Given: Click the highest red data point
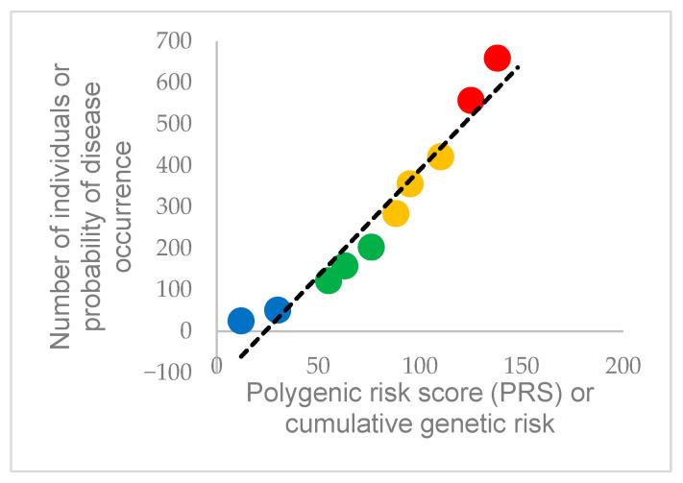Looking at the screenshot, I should coord(497,58).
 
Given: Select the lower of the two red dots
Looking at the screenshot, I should coord(470,101).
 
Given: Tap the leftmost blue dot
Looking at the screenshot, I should coord(241,321).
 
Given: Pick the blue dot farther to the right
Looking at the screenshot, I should coord(278,309).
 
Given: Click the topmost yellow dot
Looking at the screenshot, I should coord(440,157).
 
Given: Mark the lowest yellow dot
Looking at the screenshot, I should coord(396,213).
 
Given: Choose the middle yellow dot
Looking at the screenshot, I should coord(409,183).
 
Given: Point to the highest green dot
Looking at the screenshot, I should coord(371,247).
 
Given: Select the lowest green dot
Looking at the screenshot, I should coord(329,280).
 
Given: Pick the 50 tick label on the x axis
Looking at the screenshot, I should coord(318,365).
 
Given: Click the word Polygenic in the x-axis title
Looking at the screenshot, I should coord(294,394).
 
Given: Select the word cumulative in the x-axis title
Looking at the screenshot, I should coord(316,423).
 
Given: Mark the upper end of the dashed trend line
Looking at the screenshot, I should coord(519,66).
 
